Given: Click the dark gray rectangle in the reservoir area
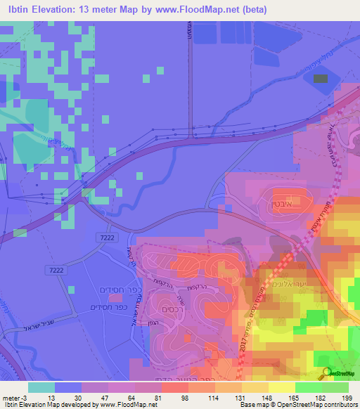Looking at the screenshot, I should [x=320, y=77].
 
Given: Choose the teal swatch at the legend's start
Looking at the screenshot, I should [x=41, y=387].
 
